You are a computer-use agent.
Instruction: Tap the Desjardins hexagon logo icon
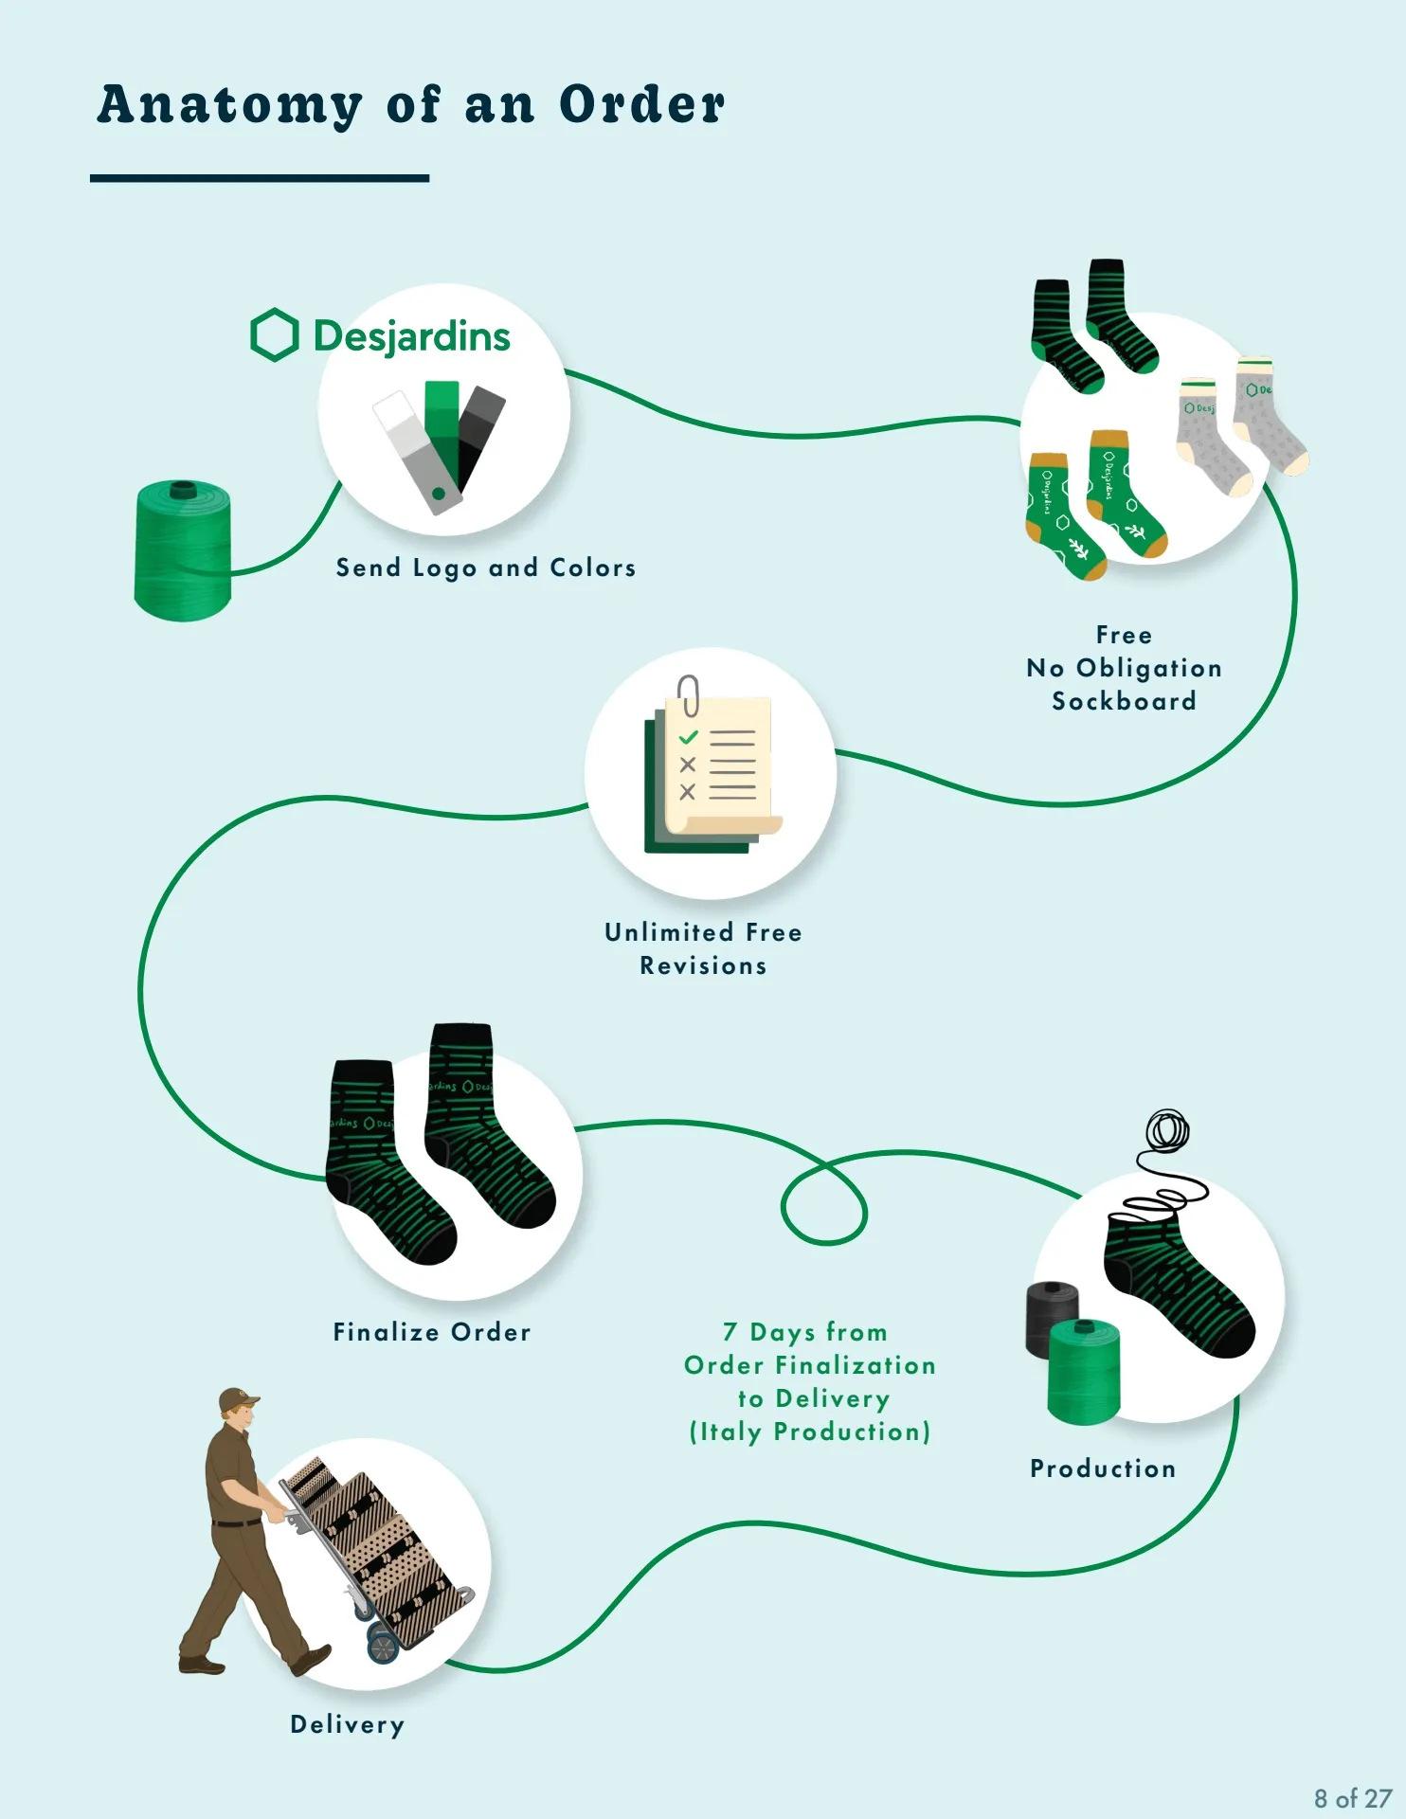(x=274, y=334)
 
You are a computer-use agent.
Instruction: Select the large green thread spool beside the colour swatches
(x=183, y=550)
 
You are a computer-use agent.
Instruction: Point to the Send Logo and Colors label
(x=485, y=567)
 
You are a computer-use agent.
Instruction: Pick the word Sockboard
(x=1124, y=701)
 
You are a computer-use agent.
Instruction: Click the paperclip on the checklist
(x=689, y=694)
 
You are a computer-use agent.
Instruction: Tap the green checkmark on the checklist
(x=688, y=737)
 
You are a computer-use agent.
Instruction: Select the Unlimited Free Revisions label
(x=703, y=948)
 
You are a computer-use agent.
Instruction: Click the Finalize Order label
(x=431, y=1332)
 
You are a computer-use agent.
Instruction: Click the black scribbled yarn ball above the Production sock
(x=1168, y=1130)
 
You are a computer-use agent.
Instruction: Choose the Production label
(x=1103, y=1468)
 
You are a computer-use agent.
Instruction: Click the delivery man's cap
(x=238, y=1399)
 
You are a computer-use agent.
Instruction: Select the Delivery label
(x=347, y=1724)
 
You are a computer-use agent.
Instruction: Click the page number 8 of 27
(x=1352, y=1797)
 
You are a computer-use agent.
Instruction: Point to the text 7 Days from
(x=804, y=1332)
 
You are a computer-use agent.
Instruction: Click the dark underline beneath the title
(x=260, y=178)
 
